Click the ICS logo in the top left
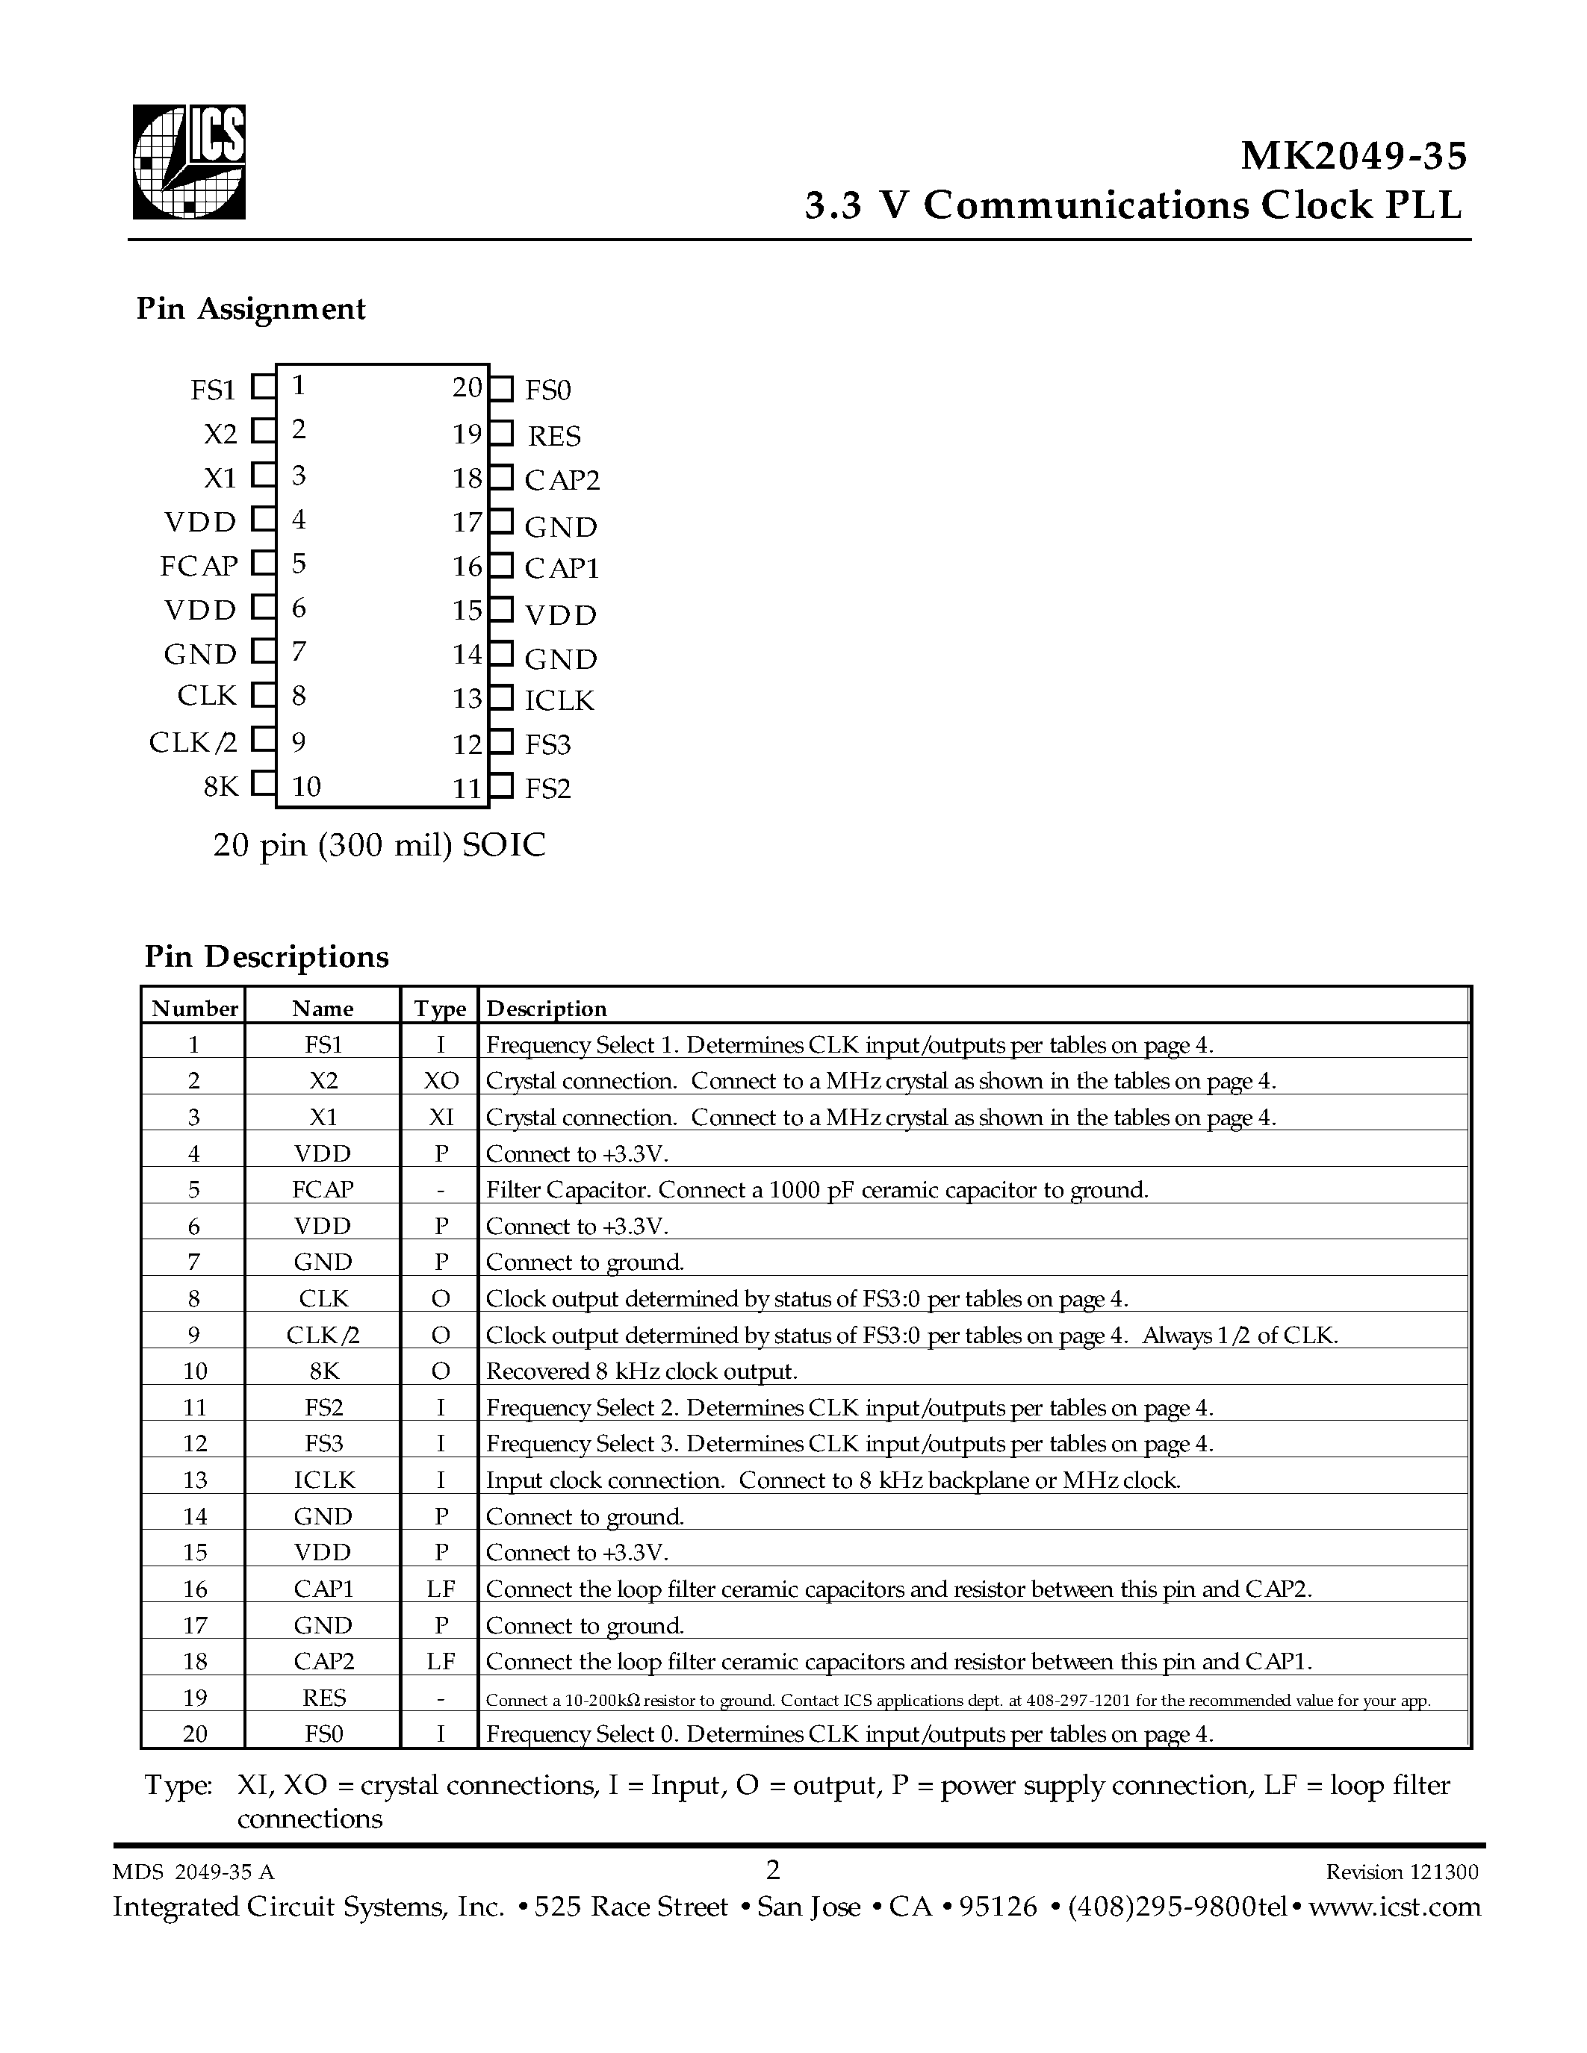[x=189, y=162]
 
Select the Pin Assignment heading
[x=250, y=309]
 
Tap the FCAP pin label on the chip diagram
[x=199, y=566]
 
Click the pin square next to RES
[x=502, y=433]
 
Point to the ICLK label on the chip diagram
[x=559, y=700]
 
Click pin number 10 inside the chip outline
[x=306, y=787]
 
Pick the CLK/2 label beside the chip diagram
[x=193, y=743]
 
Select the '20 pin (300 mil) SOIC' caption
[x=379, y=845]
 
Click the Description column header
[x=546, y=1009]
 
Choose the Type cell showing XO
[x=440, y=1081]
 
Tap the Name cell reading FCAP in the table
[x=323, y=1190]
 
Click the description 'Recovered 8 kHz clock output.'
[x=642, y=1371]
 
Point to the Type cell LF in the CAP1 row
[x=440, y=1589]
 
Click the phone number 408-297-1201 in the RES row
[x=1075, y=1701]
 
